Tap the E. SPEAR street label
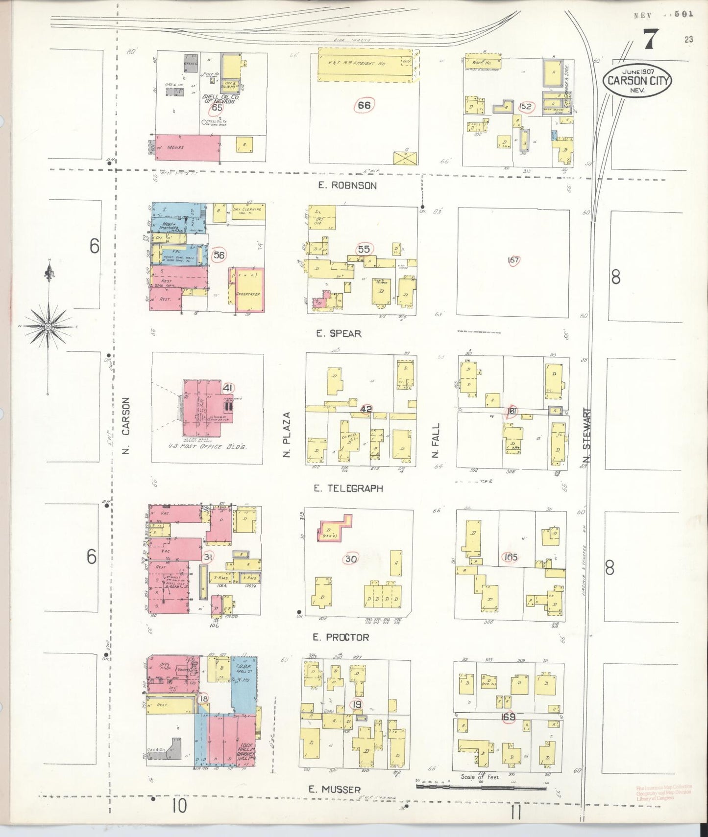pyautogui.click(x=339, y=334)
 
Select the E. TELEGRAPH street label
pyautogui.click(x=349, y=488)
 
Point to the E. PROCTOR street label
pyautogui.click(x=341, y=637)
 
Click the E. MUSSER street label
pyautogui.click(x=335, y=789)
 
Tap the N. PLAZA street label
pyautogui.click(x=287, y=435)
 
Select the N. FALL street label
pyautogui.click(x=436, y=441)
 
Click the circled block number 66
pyautogui.click(x=364, y=105)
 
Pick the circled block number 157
pyautogui.click(x=513, y=260)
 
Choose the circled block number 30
pyautogui.click(x=351, y=559)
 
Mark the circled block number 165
pyautogui.click(x=510, y=557)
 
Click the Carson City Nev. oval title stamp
pyautogui.click(x=637, y=79)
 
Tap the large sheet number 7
pyautogui.click(x=650, y=39)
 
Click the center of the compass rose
pyautogui.click(x=48, y=326)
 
